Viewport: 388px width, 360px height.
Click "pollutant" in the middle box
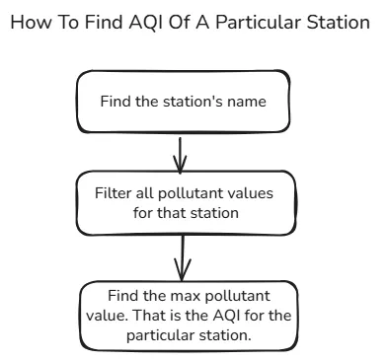(192, 193)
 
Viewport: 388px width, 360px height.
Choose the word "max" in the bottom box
(174, 297)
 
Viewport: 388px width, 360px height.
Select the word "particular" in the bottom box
(158, 334)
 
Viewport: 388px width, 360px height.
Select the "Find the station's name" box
(184, 102)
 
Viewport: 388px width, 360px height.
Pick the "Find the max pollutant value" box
(184, 316)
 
